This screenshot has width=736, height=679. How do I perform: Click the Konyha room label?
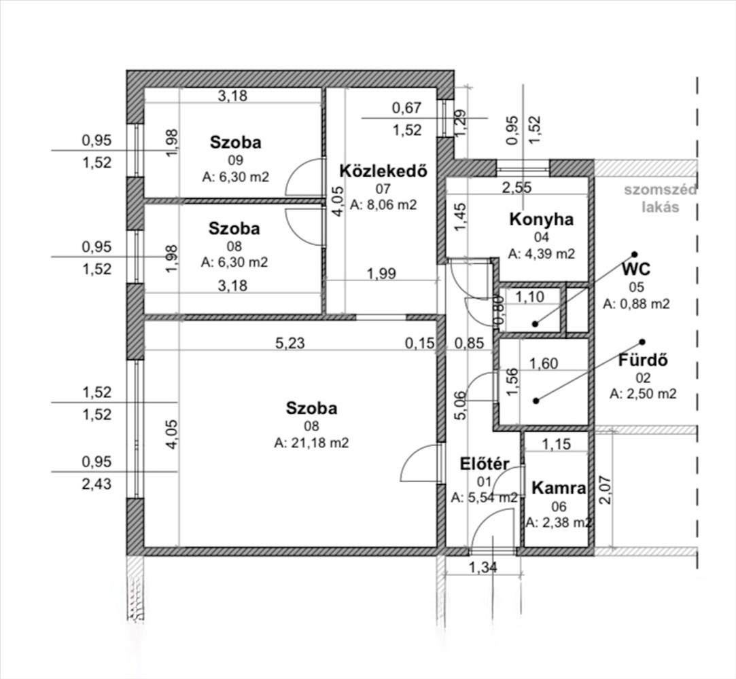[x=541, y=219]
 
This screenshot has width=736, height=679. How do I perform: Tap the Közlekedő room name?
[x=383, y=170]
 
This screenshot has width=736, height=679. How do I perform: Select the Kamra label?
[x=559, y=488]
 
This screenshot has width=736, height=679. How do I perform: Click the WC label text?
[x=636, y=270]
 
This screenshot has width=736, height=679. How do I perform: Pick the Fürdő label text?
[x=643, y=360]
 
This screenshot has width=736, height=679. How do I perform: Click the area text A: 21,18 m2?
[x=311, y=443]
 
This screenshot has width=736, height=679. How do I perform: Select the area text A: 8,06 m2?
[x=383, y=205]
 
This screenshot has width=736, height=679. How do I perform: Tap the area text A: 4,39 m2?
[x=541, y=254]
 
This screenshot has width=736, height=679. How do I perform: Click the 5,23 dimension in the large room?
[x=290, y=344]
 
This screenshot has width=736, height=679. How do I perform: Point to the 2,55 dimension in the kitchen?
[x=516, y=187]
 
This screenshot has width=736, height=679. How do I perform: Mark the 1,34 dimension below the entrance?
[x=483, y=568]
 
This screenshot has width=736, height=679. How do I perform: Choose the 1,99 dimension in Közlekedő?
[x=381, y=274]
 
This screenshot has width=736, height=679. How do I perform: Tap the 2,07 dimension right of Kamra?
[x=606, y=490]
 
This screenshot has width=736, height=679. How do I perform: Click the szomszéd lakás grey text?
[x=661, y=198]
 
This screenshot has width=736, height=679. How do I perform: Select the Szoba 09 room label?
[x=235, y=142]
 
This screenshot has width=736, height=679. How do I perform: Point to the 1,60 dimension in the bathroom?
[x=544, y=363]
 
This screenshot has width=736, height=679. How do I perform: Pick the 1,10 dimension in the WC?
[x=530, y=297]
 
